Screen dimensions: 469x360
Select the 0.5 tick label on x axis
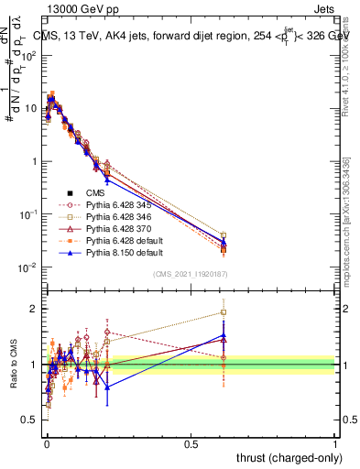point(191,442)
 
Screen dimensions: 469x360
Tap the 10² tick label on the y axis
point(27,56)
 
